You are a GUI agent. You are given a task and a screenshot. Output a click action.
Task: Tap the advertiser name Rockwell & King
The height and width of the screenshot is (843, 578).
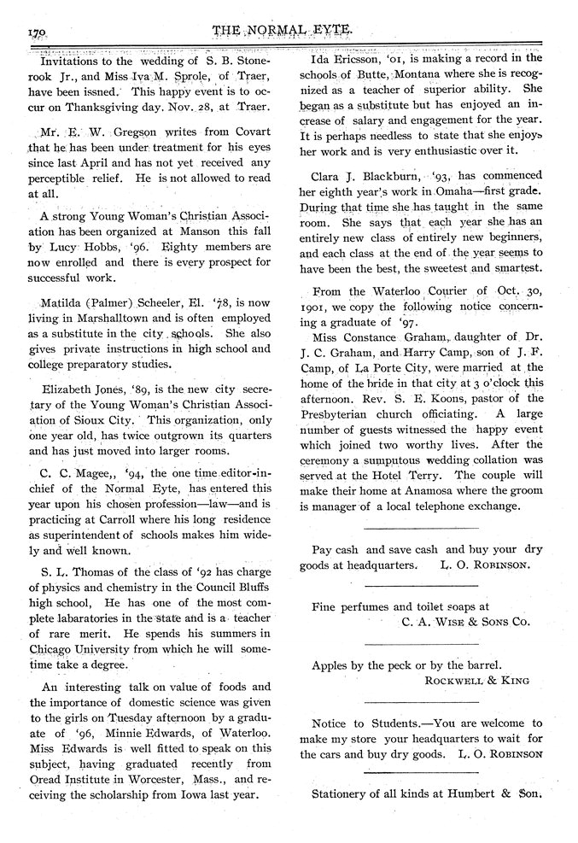pyautogui.click(x=476, y=680)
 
